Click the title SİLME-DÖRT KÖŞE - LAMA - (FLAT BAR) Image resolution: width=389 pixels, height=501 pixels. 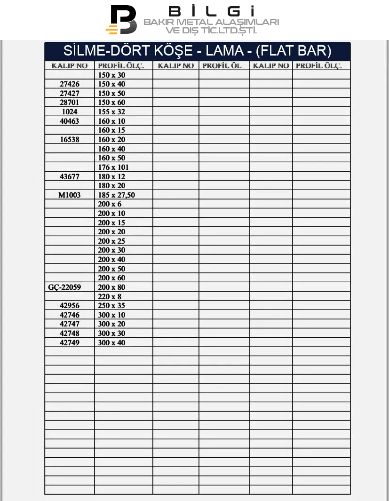point(198,51)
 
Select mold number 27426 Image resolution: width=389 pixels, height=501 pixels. point(70,84)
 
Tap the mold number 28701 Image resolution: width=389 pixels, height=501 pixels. point(70,103)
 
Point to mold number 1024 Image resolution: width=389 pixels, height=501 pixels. point(70,112)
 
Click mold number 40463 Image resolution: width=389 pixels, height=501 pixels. point(70,121)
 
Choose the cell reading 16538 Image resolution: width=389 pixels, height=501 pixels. point(70,140)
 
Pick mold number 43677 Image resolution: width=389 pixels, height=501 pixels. point(70,176)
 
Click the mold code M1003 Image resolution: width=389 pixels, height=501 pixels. point(70,195)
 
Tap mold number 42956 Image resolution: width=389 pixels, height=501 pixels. point(70,306)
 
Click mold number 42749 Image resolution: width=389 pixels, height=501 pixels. point(70,343)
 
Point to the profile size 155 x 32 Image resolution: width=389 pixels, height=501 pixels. point(111,112)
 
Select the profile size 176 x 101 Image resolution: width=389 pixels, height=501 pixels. point(113,167)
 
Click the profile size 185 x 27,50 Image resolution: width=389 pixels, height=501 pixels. point(117,195)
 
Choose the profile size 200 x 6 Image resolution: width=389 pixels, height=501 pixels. point(110,204)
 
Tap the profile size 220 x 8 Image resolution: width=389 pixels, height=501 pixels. point(110,296)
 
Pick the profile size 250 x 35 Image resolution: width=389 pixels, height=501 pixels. point(111,306)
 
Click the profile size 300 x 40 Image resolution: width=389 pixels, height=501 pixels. point(111,343)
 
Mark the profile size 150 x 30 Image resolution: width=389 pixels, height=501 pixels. point(111,75)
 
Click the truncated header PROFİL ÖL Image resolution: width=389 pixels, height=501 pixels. point(222,66)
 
